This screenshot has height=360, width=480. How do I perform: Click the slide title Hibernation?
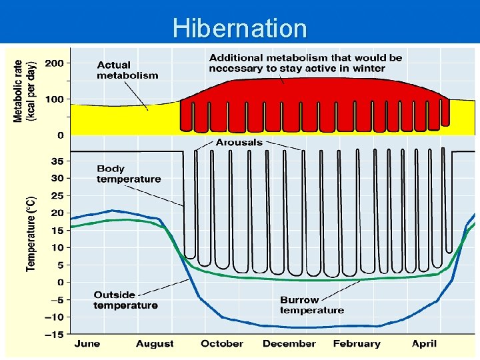pyautogui.click(x=239, y=29)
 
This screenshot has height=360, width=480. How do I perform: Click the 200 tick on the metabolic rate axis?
pyautogui.click(x=55, y=63)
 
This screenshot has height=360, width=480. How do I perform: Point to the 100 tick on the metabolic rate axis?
pyautogui.click(x=55, y=99)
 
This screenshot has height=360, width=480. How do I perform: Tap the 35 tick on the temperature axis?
pyautogui.click(x=57, y=161)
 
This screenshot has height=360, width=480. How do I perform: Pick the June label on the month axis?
pyautogui.click(x=87, y=344)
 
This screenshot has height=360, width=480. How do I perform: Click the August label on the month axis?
pyautogui.click(x=155, y=344)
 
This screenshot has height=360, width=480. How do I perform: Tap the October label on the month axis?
pyautogui.click(x=222, y=344)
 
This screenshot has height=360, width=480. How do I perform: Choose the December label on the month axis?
pyautogui.click(x=289, y=344)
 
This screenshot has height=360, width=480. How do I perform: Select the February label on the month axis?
pyautogui.click(x=357, y=344)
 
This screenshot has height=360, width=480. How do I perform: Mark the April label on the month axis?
pyautogui.click(x=424, y=344)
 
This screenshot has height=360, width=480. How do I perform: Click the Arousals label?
pyautogui.click(x=239, y=143)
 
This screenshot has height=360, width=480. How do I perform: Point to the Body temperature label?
pyautogui.click(x=129, y=174)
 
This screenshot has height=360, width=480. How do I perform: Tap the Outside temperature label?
pyautogui.click(x=125, y=300)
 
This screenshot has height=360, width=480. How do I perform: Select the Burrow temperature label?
pyautogui.click(x=312, y=305)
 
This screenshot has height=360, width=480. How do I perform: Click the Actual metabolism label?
pyautogui.click(x=127, y=70)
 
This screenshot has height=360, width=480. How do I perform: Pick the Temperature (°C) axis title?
pyautogui.click(x=31, y=233)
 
